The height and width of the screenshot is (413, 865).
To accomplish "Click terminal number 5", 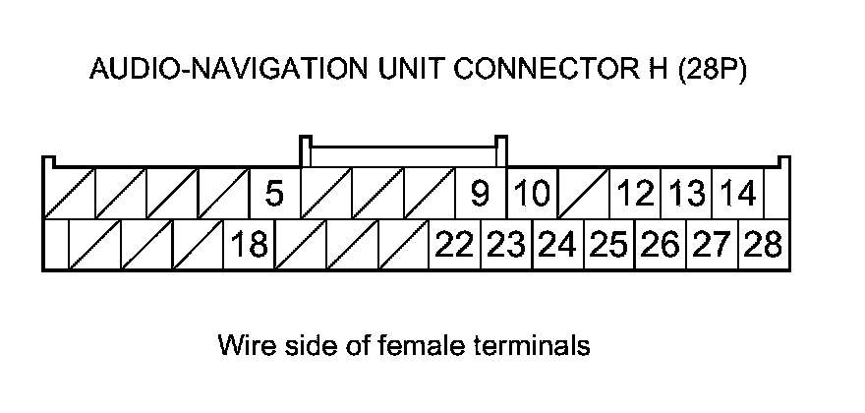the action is [274, 194].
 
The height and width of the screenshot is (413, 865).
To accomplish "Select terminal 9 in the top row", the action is [480, 194].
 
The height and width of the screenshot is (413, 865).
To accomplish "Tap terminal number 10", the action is [532, 194].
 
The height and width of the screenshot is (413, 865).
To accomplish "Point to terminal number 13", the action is [687, 194].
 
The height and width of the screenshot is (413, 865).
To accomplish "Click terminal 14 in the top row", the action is [737, 194].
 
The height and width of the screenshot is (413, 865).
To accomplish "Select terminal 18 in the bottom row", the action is [250, 245].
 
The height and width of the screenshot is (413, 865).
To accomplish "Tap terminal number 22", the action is [454, 245].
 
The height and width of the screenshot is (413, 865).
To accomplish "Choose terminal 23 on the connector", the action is [506, 245].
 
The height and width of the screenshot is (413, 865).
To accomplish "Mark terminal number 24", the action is [557, 245].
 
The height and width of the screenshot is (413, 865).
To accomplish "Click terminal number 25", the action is [608, 245].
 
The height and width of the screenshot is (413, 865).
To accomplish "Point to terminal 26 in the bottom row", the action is [660, 245].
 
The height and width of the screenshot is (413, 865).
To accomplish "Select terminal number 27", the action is [711, 245].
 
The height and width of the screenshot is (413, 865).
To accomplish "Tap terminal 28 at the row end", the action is [763, 245].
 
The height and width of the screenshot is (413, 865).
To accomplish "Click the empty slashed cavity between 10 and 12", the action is [584, 194].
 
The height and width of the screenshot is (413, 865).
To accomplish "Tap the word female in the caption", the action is [429, 346].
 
